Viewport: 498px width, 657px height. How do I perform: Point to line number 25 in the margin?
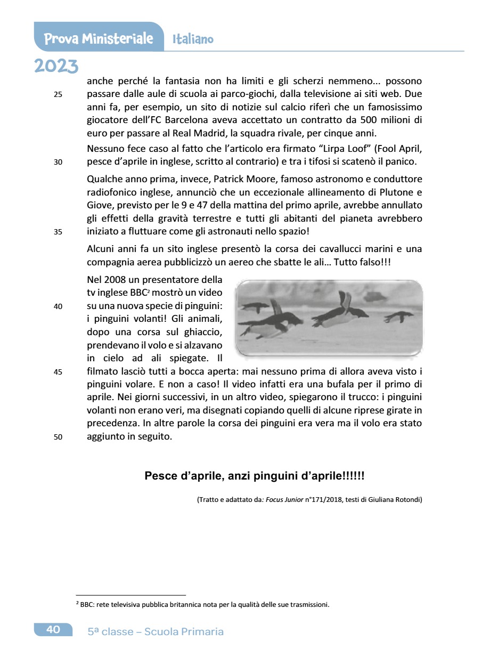click(58, 95)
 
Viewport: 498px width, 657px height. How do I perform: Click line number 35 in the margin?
click(58, 232)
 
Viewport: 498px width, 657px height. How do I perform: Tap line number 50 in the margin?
click(58, 437)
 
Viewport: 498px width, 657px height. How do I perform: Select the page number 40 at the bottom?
click(53, 629)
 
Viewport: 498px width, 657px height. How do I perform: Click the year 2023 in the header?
click(56, 66)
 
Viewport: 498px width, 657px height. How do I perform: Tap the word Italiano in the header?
click(193, 39)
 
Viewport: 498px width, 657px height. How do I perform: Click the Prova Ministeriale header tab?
click(99, 38)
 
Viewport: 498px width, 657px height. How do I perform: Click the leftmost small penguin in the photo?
click(255, 307)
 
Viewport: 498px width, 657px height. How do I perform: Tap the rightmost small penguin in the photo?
click(398, 317)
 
